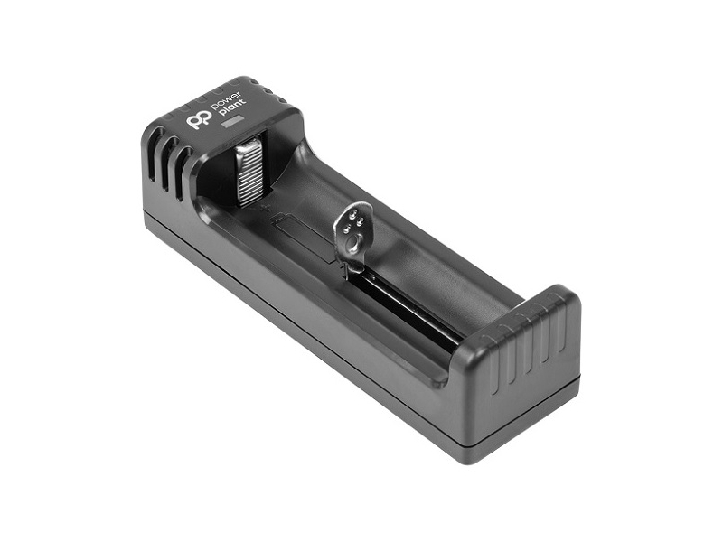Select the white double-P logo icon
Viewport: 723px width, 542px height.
pyautogui.click(x=199, y=119)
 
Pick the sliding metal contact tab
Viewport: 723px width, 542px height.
pyautogui.click(x=352, y=236)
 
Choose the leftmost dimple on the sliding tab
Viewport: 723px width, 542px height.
pyautogui.click(x=346, y=227)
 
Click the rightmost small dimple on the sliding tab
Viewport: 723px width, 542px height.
pyautogui.click(x=361, y=220)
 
